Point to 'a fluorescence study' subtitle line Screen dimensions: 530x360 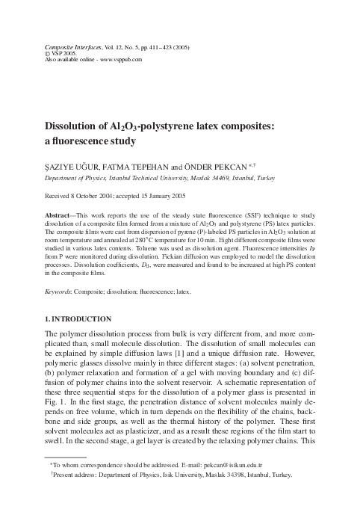pyautogui.click(x=96, y=139)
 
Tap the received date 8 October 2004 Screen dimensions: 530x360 pyautogui.click(x=107, y=197)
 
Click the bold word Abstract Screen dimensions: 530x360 pyautogui.click(x=62, y=217)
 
